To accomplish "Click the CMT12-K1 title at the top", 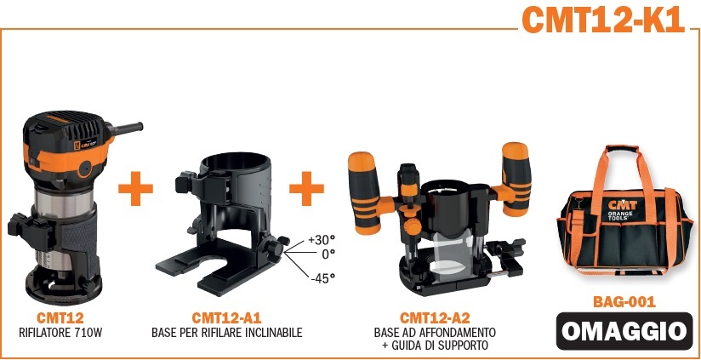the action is pos(603,20).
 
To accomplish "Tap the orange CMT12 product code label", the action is pos(60,318).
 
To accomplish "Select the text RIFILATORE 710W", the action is pos(60,333).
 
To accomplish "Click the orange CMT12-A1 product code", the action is pos(226,318).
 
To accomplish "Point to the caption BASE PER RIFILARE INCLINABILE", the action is pos(226,333).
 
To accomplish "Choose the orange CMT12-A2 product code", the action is pos(435,318).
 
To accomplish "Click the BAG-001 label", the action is pos(624,302).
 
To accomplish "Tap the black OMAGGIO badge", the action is pos(624,331).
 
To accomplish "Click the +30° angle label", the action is pos(322,240).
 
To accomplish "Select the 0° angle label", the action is pos(328,254).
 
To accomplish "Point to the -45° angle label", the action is pos(322,278).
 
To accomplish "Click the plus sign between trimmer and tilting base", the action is pos(135,188).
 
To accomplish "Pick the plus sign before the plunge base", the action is pos(306,188).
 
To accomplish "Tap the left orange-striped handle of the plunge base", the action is pos(365,193).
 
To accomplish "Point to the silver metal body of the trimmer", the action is pos(65,203).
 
